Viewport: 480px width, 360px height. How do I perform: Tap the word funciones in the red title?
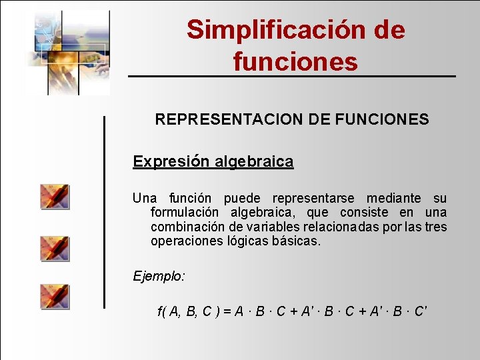[295, 62]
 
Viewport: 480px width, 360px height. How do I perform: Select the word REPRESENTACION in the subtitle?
[229, 120]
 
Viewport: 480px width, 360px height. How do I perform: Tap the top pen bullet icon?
[54, 197]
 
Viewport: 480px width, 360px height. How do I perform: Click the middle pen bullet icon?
[54, 247]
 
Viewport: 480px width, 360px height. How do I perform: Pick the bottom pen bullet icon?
[54, 296]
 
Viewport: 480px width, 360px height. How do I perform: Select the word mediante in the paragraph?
[393, 198]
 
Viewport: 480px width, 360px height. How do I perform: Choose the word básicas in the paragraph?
[296, 241]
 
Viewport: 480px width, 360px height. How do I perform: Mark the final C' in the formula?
[421, 311]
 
